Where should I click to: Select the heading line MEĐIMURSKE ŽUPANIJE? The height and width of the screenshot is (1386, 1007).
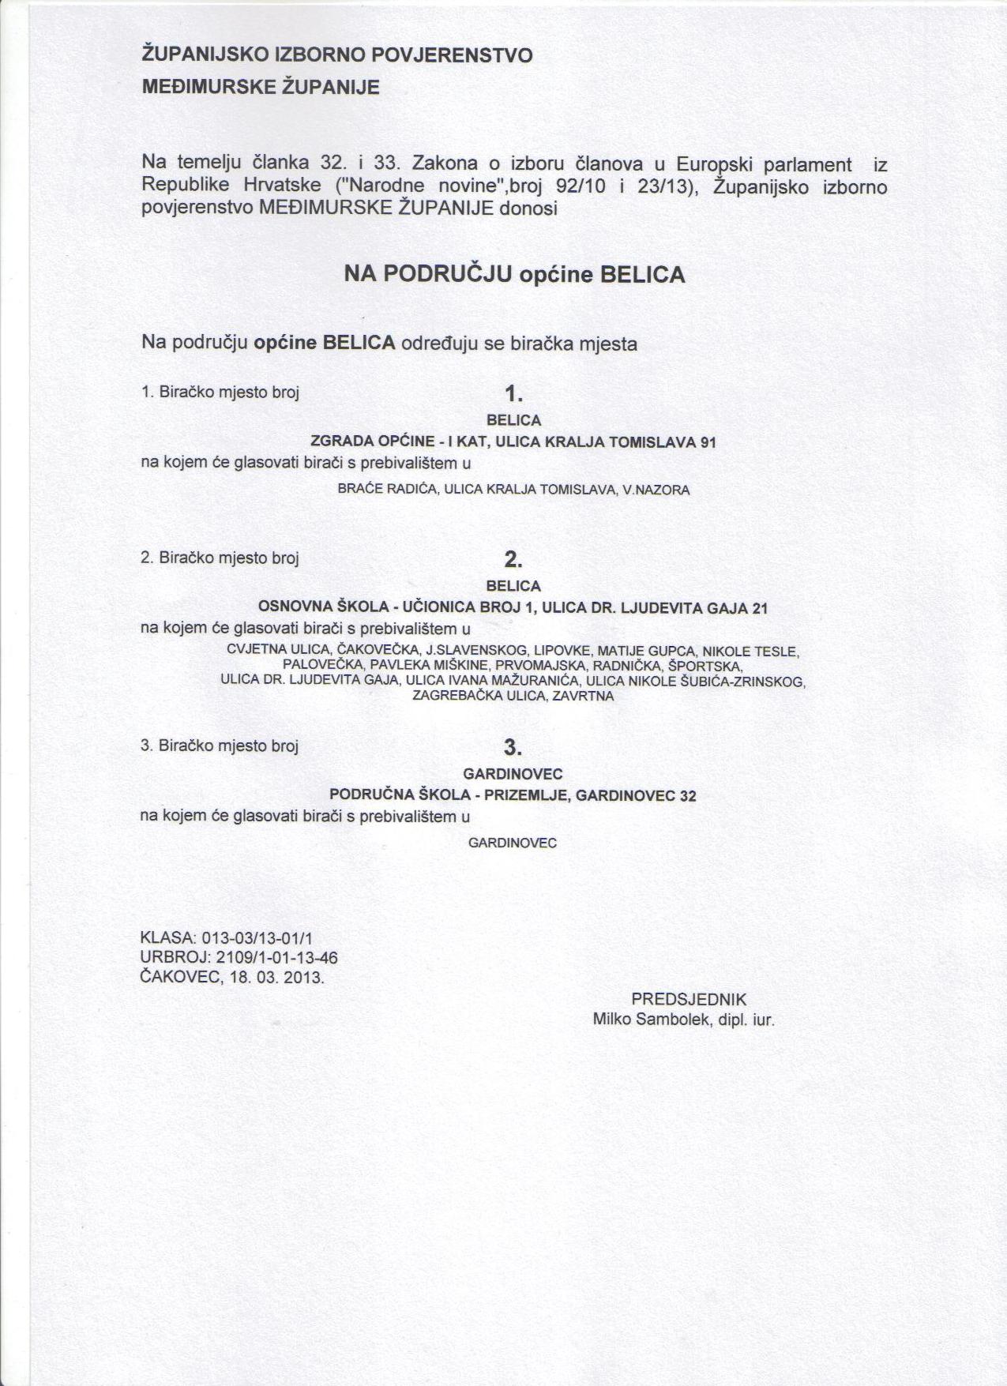pos(260,88)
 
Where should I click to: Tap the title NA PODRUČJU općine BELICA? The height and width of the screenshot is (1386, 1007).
pos(514,275)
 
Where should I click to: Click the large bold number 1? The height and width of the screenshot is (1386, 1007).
pos(514,393)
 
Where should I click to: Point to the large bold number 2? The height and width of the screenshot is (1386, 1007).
pos(514,559)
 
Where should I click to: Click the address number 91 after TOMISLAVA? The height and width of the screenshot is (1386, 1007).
pos(708,442)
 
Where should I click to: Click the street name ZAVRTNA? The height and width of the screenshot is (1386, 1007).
pos(583,697)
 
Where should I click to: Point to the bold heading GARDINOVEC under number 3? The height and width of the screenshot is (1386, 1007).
pos(513,774)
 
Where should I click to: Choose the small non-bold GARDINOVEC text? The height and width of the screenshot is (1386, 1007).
pos(513,843)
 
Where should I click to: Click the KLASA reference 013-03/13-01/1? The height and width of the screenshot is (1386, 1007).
pos(257,938)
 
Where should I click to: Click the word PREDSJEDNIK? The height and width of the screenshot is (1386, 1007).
pos(689,1000)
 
